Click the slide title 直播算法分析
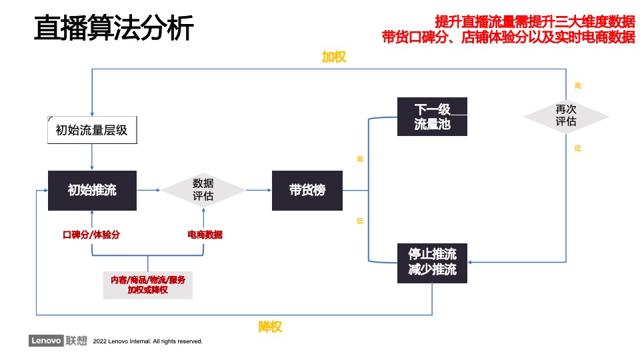tap(113, 29)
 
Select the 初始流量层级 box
tap(92, 130)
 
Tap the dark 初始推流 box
tap(92, 190)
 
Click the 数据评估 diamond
tap(203, 190)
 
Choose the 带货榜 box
tap(307, 190)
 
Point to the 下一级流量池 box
tap(432, 117)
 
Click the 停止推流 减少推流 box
tap(432, 262)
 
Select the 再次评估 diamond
tap(566, 116)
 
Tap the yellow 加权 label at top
tap(334, 57)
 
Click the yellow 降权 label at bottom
tap(271, 327)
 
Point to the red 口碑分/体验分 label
tap(91, 235)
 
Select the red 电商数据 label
tap(205, 235)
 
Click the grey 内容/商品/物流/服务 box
tap(147, 285)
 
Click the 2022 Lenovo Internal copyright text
tap(148, 341)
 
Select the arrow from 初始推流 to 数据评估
tap(148, 190)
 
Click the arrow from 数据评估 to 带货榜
tap(259, 190)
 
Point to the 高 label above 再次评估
tap(577, 85)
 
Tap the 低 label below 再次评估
tap(577, 148)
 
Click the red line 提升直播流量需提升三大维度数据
tap(534, 21)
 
